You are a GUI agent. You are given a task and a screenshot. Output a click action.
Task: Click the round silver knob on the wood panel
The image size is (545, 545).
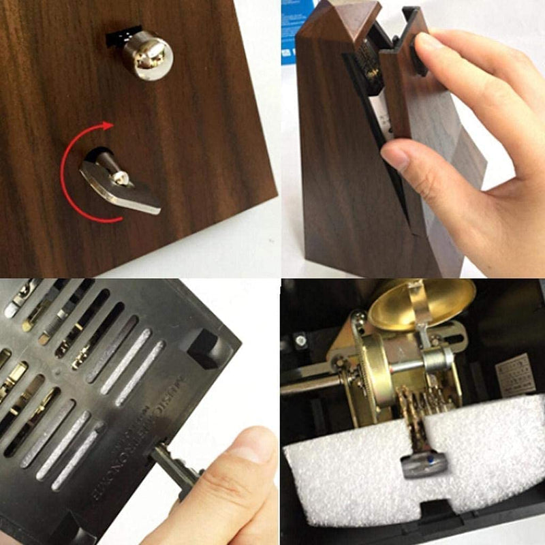(148, 56)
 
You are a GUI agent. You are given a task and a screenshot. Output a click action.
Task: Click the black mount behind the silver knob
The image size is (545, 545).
(123, 36)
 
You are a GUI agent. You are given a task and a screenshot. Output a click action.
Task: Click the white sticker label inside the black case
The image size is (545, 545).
(515, 373)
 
